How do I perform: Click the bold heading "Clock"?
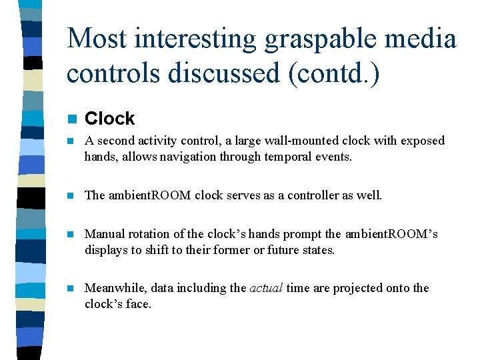coord(110,119)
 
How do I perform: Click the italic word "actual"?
coord(267,288)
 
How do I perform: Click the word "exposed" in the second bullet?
coord(423,141)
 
